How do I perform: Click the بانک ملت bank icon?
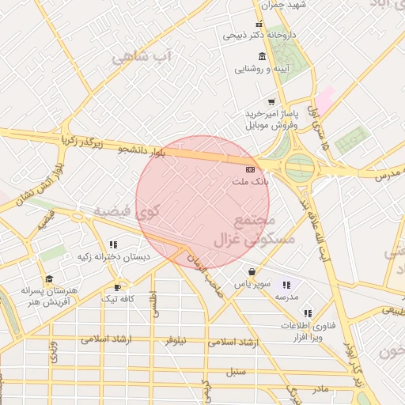coord(250,169)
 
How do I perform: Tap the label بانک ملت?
coord(250,182)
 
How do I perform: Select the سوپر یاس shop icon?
coord(252,271)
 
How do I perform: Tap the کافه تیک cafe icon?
coord(118,287)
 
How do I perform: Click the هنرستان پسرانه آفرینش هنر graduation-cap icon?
coord(49,278)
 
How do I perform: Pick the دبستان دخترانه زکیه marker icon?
coord(113,244)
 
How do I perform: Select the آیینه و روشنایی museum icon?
coord(262,56)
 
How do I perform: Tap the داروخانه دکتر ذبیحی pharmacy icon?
coord(259,24)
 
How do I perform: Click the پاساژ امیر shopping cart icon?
coord(271,102)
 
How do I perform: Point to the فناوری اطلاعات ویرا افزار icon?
coord(307,313)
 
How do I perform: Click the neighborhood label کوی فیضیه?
coord(127,212)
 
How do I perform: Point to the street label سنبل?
coord(237,371)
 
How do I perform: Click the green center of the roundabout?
coord(299,167)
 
